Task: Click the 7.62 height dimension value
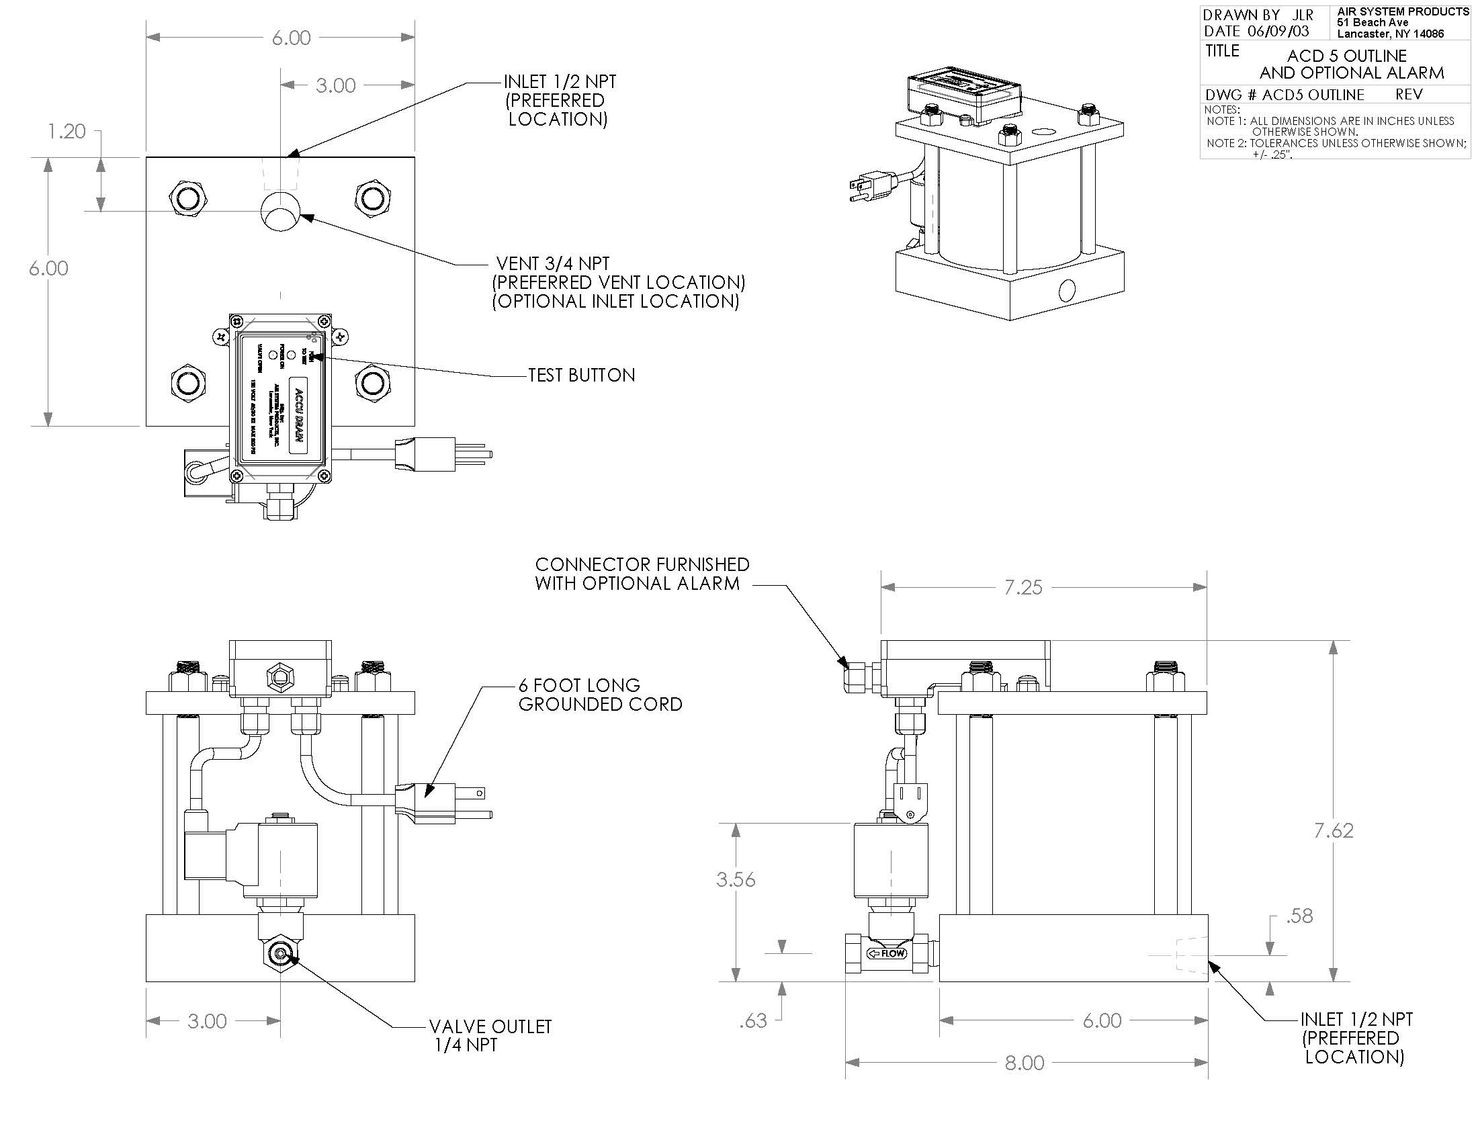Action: click(x=1333, y=831)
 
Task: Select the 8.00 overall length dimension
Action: click(x=1024, y=1063)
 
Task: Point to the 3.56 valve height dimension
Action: click(x=736, y=879)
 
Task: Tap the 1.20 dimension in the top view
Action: click(x=67, y=131)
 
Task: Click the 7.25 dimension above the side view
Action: click(x=1023, y=587)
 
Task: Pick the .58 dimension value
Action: click(x=1299, y=916)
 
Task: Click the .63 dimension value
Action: click(x=752, y=1020)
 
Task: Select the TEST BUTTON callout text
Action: click(x=581, y=376)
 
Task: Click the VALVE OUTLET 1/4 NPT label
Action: click(x=490, y=1035)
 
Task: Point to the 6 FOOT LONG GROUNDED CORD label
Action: click(x=599, y=695)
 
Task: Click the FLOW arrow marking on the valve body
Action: click(x=887, y=953)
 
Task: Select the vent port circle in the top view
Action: click(x=279, y=211)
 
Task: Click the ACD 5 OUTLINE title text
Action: click(x=1347, y=56)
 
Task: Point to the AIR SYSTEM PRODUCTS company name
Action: click(x=1402, y=12)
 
